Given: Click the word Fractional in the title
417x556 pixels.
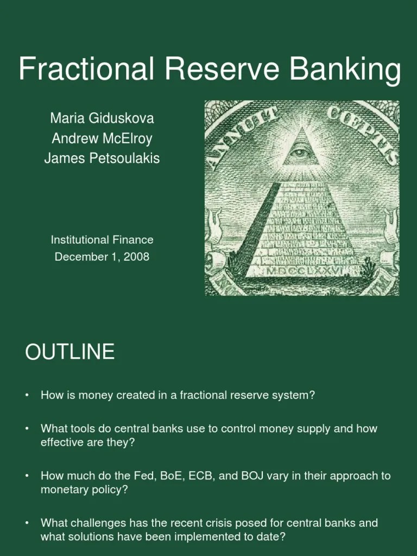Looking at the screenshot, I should click(x=87, y=69).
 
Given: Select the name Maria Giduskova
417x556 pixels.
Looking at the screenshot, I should click(x=102, y=118).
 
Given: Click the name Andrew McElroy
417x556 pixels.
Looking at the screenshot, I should click(x=102, y=138).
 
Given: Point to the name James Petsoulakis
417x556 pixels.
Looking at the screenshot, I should click(x=102, y=159).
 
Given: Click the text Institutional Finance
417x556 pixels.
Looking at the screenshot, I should click(x=102, y=239).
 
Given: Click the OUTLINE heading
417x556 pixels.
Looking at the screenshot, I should click(x=69, y=352).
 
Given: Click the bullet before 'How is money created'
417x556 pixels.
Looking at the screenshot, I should click(x=27, y=395).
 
